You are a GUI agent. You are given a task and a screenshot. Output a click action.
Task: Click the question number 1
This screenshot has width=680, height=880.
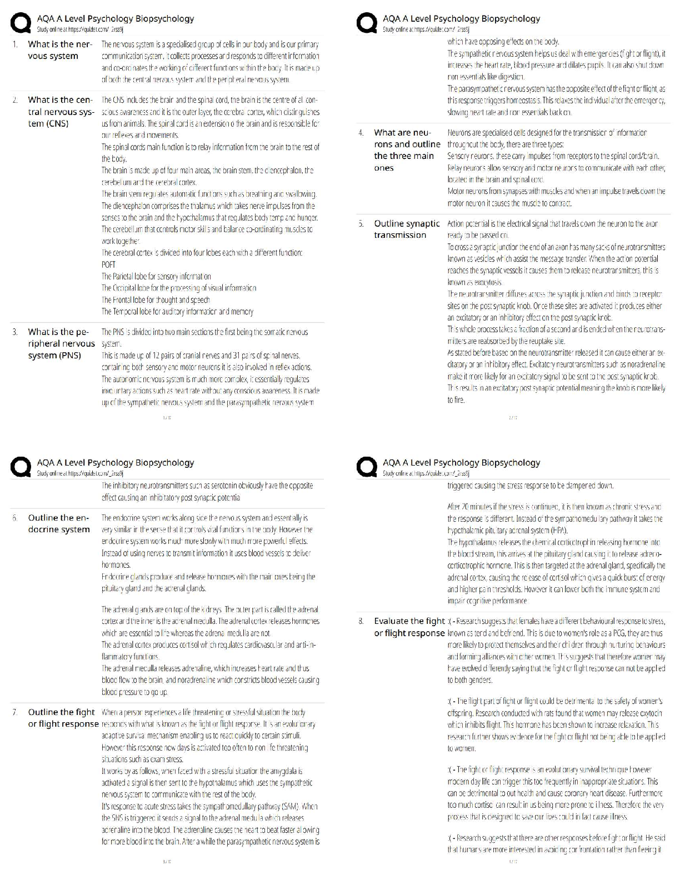pos(15,44)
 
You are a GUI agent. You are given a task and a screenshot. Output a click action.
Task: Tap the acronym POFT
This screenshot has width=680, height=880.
pos(108,265)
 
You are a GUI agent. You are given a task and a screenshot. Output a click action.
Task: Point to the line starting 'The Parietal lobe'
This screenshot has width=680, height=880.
pos(156,277)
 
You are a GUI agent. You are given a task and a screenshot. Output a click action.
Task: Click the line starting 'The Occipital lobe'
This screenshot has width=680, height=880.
pos(179,288)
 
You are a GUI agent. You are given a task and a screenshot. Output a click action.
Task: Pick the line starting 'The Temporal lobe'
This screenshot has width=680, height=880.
pos(177,312)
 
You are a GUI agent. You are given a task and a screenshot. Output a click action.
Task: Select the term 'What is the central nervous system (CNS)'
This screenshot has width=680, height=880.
pos(60,112)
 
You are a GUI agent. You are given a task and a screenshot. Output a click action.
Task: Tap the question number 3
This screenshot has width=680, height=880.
pos(15,332)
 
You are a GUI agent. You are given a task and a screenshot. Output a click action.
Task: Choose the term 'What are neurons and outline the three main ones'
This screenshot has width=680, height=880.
pos(407,150)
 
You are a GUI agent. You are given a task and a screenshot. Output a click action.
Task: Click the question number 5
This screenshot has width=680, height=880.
pos(361,223)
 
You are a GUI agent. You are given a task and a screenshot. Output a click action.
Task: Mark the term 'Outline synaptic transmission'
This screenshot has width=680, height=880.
pos(407,229)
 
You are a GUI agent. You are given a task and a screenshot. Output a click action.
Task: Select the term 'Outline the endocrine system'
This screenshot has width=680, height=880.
pos(59,524)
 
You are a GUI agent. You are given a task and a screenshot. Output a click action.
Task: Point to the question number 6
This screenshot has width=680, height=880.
pos(15,518)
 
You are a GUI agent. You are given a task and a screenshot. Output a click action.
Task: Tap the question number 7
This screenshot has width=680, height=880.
pos(15,712)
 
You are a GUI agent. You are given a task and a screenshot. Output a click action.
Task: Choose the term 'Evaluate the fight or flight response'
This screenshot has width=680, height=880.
pos(409,627)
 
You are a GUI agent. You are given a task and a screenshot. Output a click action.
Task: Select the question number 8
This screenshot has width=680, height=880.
pos(361,621)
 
